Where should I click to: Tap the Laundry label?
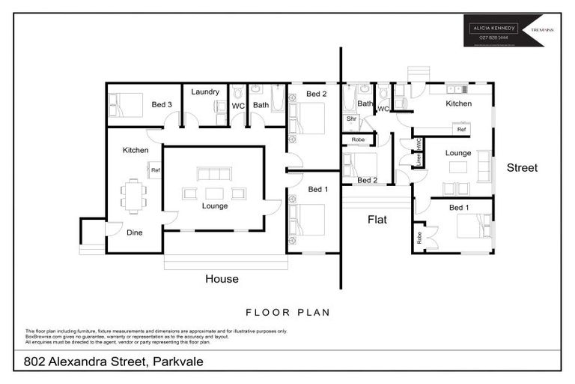point(204,91)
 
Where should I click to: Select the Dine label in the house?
point(134,232)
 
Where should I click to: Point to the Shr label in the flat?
point(350,118)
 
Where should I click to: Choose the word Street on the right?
point(522,168)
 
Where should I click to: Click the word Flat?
point(377,220)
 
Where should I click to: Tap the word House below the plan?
point(222,279)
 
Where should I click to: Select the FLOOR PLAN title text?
point(287,312)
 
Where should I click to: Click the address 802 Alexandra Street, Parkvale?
point(109,362)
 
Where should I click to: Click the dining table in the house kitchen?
point(133,195)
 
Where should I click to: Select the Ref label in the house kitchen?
point(156,171)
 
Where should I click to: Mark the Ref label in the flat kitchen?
point(461,130)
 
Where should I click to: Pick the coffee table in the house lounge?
point(214,193)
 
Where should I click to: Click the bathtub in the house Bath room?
point(277,98)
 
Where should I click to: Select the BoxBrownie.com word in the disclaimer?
point(41,337)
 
